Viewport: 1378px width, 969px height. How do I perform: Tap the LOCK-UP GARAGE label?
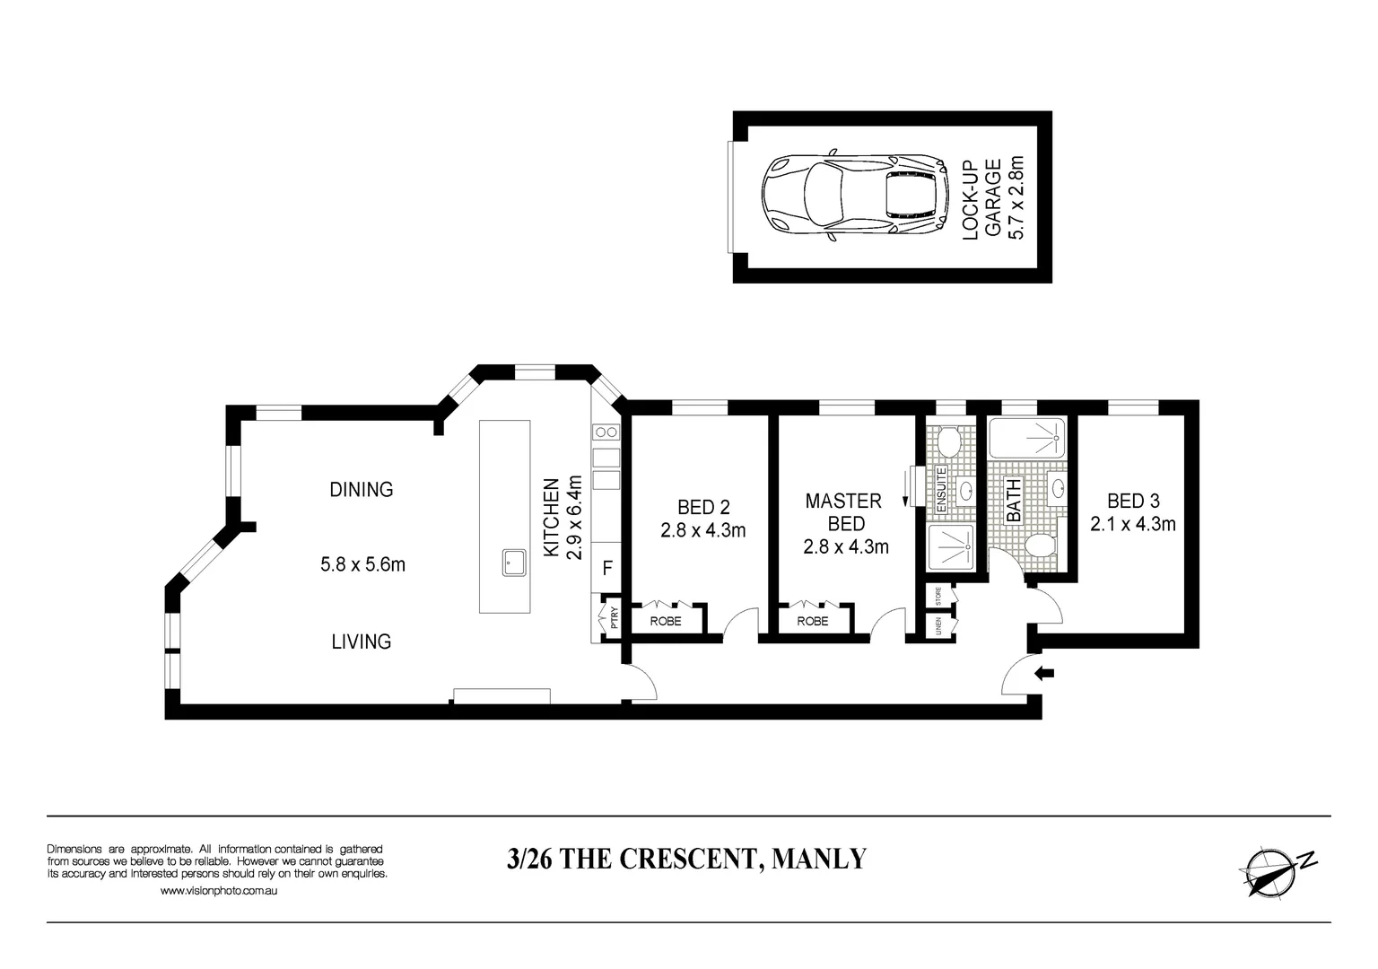(x=981, y=198)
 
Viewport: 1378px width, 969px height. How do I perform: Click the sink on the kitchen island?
(x=514, y=563)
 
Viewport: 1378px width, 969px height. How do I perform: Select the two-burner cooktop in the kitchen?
(x=606, y=432)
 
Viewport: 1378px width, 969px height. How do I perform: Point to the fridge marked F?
(x=607, y=568)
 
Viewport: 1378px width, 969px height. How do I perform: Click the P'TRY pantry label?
(x=614, y=618)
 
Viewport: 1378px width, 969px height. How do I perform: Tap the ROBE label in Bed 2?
(x=665, y=621)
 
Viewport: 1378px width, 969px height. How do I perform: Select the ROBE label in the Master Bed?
(x=812, y=621)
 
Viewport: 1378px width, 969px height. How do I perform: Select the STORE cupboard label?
(x=938, y=594)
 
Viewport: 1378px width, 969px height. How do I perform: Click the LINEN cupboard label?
(x=938, y=624)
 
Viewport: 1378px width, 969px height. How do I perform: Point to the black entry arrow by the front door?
(x=1045, y=674)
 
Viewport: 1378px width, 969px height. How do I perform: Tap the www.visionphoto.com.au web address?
(x=218, y=891)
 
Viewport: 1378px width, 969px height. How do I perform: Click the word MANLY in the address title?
(x=819, y=859)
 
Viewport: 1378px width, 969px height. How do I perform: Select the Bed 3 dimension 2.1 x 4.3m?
(x=1132, y=524)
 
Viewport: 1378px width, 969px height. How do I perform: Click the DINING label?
(x=361, y=490)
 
